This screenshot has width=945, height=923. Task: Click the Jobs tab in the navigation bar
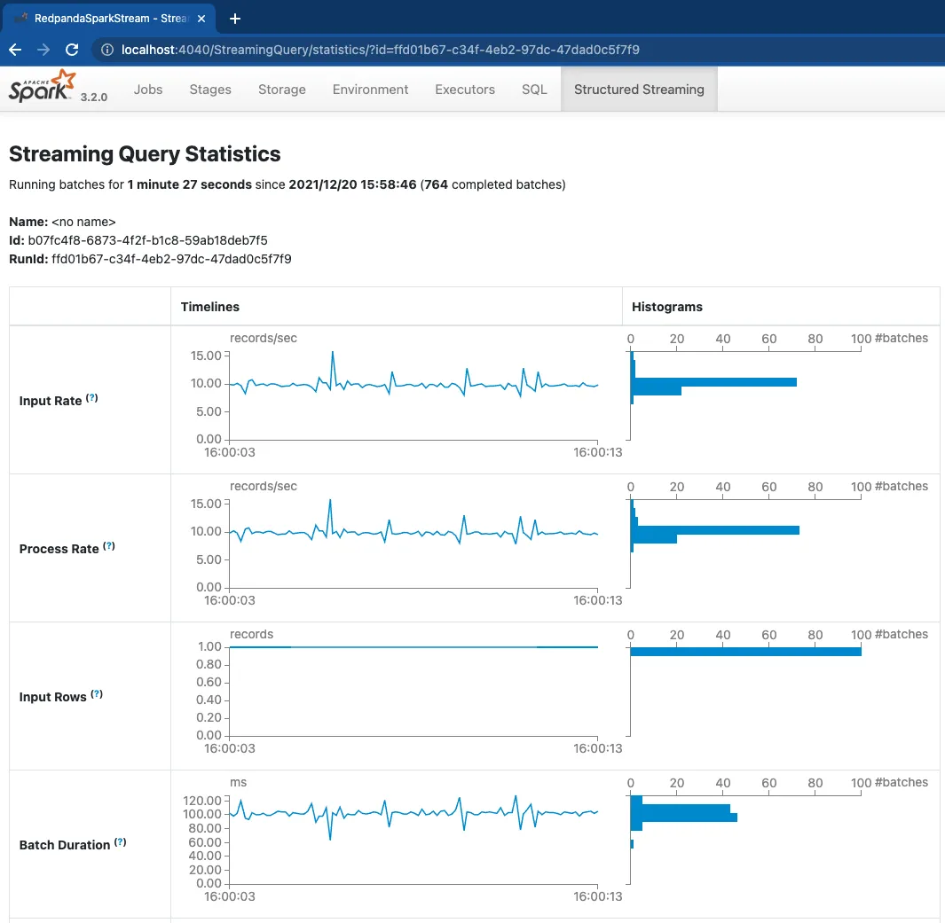coord(148,90)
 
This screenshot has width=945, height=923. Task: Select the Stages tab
coord(210,90)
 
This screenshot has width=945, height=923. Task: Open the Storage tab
coord(282,90)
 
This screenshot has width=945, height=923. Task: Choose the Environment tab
coord(370,90)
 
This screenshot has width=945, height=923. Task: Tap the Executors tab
coord(465,90)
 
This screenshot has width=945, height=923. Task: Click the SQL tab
coord(534,90)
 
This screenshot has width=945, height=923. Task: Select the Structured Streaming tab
coord(639,90)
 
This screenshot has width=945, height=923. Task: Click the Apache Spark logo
coord(43,88)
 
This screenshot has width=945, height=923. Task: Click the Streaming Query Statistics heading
coord(145,154)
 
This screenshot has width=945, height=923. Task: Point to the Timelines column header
coord(210,307)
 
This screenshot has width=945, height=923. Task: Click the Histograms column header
coord(667,307)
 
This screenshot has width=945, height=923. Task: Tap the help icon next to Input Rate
coord(91,399)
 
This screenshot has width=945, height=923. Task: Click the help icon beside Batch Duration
coord(121,843)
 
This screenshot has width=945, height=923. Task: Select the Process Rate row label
coord(59,549)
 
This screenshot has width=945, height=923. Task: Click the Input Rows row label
coord(52,697)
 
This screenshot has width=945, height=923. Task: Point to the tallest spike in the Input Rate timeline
coord(333,352)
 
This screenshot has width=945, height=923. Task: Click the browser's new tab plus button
coord(235,19)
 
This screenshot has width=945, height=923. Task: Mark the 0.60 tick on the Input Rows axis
coord(209,682)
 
